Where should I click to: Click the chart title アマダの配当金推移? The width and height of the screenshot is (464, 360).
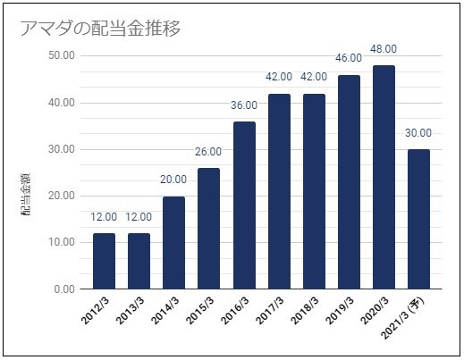click(100, 29)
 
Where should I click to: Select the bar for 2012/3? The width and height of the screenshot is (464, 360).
click(104, 261)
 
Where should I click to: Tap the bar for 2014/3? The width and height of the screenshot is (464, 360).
click(173, 243)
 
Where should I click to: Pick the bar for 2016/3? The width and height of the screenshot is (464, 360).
click(244, 205)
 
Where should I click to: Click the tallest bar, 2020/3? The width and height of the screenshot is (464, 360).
click(384, 177)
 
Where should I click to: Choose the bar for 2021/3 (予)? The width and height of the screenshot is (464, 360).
click(418, 219)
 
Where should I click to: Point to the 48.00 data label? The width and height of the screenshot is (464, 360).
click(384, 49)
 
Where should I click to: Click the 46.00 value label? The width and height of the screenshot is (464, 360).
click(349, 58)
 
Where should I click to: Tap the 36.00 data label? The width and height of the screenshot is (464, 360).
click(244, 105)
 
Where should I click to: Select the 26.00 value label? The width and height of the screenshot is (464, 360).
click(208, 152)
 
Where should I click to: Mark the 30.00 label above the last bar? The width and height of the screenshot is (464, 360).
click(418, 133)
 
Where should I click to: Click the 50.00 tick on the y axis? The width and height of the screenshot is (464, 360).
click(62, 55)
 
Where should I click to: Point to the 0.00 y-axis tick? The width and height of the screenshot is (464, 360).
click(64, 289)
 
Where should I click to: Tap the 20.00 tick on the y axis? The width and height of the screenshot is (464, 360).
click(62, 196)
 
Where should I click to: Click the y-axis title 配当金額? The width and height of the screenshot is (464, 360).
click(26, 194)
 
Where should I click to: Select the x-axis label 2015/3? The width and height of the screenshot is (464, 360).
click(199, 311)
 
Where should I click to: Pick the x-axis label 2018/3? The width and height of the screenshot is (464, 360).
click(304, 311)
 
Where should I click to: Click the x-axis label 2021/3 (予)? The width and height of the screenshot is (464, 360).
click(402, 318)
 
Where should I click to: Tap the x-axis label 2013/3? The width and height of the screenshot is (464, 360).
click(130, 311)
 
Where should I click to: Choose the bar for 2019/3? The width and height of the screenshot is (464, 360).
click(349, 182)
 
